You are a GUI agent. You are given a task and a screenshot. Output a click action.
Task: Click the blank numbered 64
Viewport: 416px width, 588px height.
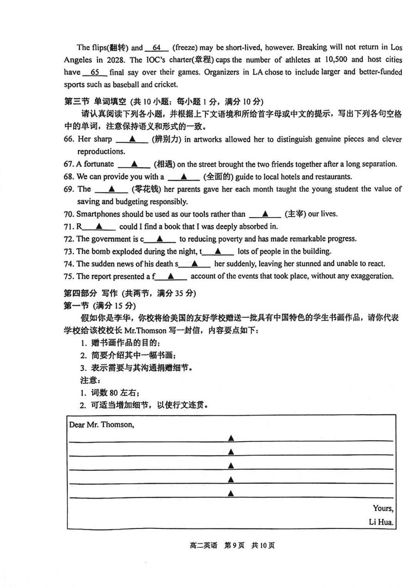click(156, 48)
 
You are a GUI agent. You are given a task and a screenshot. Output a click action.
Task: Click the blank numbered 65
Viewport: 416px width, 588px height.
click(95, 72)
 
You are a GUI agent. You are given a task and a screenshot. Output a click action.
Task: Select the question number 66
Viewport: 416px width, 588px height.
click(69, 139)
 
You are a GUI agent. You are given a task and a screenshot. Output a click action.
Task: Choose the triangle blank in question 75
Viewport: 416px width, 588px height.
click(171, 276)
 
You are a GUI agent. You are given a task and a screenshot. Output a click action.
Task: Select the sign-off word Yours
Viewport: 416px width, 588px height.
click(383, 508)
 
